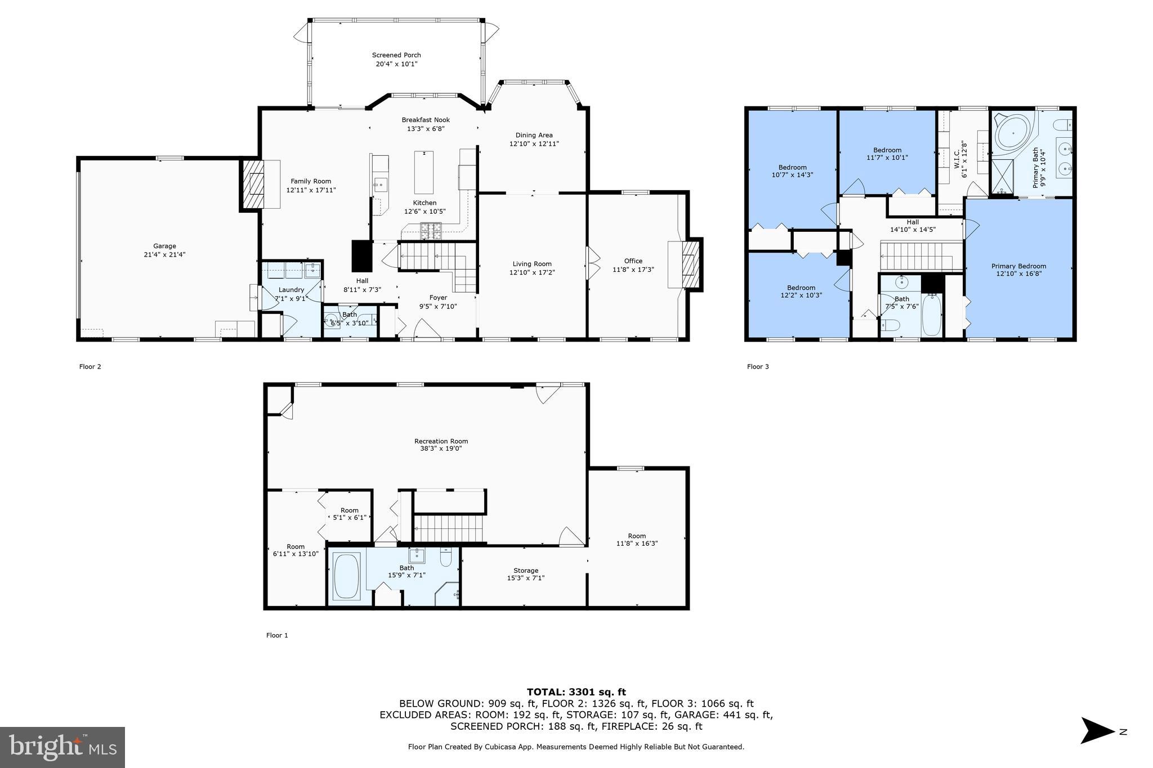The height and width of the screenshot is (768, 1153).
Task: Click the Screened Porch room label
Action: coord(396,55)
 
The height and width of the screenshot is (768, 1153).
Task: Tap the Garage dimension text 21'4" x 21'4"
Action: coord(164,254)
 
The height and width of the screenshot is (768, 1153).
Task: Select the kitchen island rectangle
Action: coord(424,172)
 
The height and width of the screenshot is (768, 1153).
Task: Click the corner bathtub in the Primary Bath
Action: coord(1013,133)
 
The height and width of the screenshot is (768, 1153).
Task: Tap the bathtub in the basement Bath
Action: coord(347,576)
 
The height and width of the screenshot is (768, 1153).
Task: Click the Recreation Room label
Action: coord(441,441)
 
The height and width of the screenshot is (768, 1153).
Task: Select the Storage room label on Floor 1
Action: coord(526,570)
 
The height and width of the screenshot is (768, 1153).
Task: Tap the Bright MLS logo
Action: coord(62,747)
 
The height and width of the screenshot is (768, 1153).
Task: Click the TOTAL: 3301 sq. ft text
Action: coord(576,692)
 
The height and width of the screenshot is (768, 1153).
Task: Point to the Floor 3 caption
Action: coord(758,366)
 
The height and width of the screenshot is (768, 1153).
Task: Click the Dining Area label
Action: coord(534,135)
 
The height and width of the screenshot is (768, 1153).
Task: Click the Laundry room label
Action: coord(291,290)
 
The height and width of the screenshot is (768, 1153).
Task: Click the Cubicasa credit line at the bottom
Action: coord(576,747)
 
